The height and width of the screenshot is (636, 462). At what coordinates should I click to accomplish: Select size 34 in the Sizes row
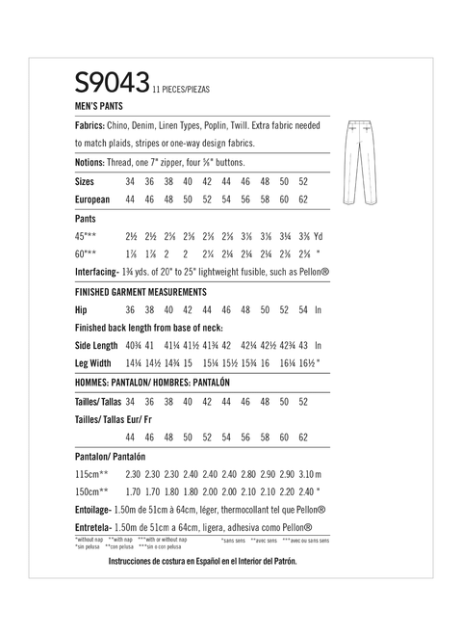point(130,181)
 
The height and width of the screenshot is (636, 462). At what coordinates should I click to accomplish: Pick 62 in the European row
point(303,199)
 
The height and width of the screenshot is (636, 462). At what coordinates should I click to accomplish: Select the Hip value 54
point(303,309)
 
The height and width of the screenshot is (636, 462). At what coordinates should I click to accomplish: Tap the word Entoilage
point(97,511)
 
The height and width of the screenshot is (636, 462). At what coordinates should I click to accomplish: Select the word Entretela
point(96,529)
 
